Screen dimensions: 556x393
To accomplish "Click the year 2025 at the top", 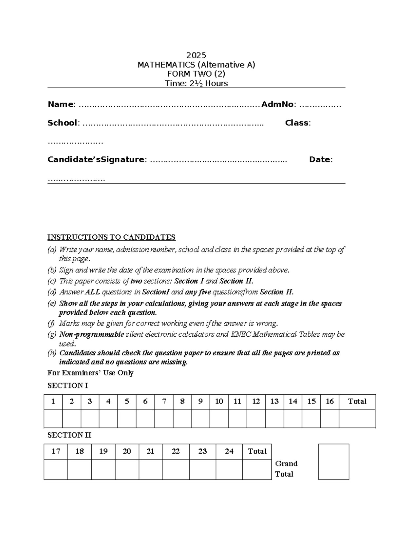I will coord(196,55).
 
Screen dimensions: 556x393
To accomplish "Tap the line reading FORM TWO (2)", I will coord(196,74).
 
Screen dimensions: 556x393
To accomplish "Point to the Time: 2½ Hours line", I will coord(196,83).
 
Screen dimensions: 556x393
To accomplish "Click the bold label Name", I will coord(61,104).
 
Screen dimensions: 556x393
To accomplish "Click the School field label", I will coord(62,123).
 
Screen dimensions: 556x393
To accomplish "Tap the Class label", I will coord(297,123).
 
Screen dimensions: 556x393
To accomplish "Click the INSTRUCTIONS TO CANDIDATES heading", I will coord(111,237).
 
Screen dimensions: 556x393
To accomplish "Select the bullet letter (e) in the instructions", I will coord(52,304).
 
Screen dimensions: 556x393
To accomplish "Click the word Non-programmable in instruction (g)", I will coord(92,334).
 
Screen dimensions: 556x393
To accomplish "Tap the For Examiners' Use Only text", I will coord(90,373).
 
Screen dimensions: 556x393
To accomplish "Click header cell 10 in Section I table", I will coord(219,402).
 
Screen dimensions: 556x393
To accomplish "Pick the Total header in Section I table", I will coord(357,402).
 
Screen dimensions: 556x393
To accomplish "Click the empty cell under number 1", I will coord(53,419).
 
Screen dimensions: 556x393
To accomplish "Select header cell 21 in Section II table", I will coord(150,451).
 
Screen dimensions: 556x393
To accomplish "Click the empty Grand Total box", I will coord(333,462).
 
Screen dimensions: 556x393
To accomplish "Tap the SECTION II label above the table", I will coord(69,435).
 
